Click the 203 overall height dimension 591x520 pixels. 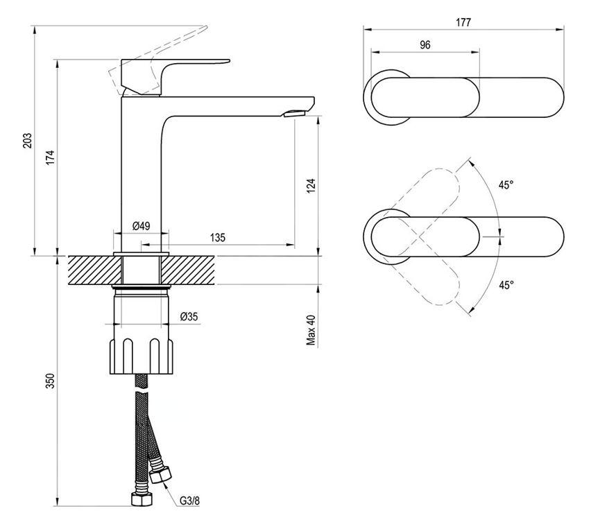click(x=28, y=141)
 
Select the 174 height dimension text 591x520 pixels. click(x=51, y=157)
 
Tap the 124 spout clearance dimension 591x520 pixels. click(x=311, y=186)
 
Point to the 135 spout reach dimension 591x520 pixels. click(x=218, y=237)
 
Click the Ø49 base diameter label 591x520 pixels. click(x=142, y=226)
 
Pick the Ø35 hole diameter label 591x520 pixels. click(x=189, y=317)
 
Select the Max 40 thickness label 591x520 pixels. click(x=311, y=330)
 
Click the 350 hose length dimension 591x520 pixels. click(x=51, y=381)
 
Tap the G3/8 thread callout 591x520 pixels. click(x=189, y=501)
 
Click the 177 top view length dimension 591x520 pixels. click(x=463, y=22)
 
